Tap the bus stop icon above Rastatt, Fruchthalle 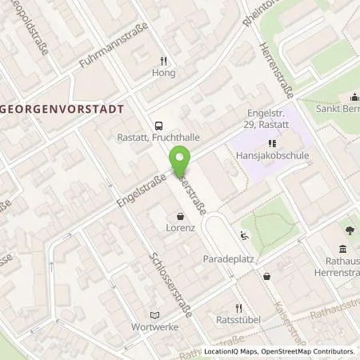click(x=158, y=125)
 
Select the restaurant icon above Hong click(x=163, y=60)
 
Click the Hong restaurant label click(x=163, y=72)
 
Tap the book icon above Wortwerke click(x=156, y=314)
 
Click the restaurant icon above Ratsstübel click(x=238, y=308)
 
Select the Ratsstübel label click(x=238, y=321)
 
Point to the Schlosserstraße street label click(x=170, y=285)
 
